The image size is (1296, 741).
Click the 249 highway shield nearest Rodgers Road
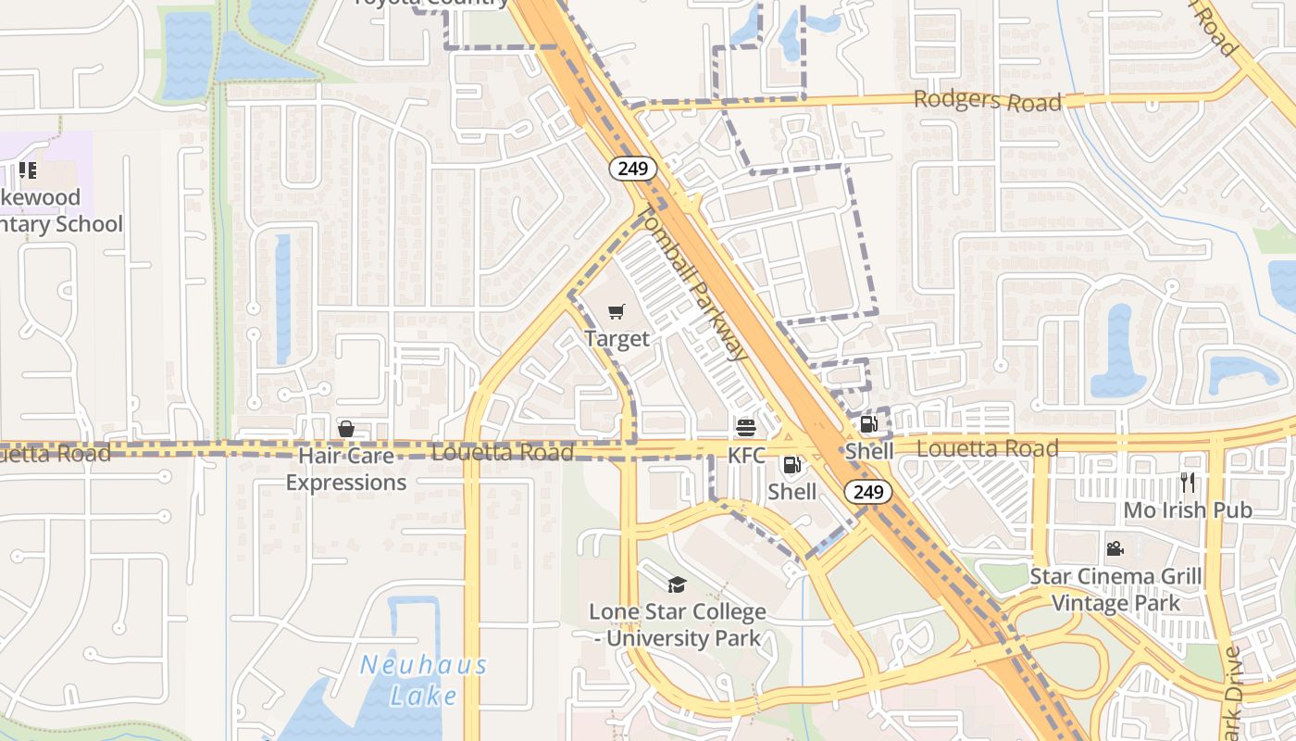[633, 169]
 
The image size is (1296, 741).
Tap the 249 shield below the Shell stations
[868, 492]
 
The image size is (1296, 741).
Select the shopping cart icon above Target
[617, 312]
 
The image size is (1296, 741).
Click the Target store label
[617, 339]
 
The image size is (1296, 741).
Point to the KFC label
[746, 455]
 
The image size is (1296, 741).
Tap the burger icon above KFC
[746, 428]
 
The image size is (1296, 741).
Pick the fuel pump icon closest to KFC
[792, 465]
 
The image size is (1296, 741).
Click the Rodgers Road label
[987, 100]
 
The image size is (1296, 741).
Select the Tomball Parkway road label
[692, 283]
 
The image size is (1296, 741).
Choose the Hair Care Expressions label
[345, 470]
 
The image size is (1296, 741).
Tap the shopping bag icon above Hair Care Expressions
[346, 428]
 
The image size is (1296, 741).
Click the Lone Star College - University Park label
[678, 625]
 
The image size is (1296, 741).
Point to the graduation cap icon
[677, 584]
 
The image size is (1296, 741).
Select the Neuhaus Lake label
[423, 680]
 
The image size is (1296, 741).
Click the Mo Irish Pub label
[1188, 509]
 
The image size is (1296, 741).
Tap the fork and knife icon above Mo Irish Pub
[1188, 482]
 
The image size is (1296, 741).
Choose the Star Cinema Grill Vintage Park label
[1115, 590]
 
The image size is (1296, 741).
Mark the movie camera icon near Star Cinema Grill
[1115, 549]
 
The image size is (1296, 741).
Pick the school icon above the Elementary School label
[28, 170]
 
